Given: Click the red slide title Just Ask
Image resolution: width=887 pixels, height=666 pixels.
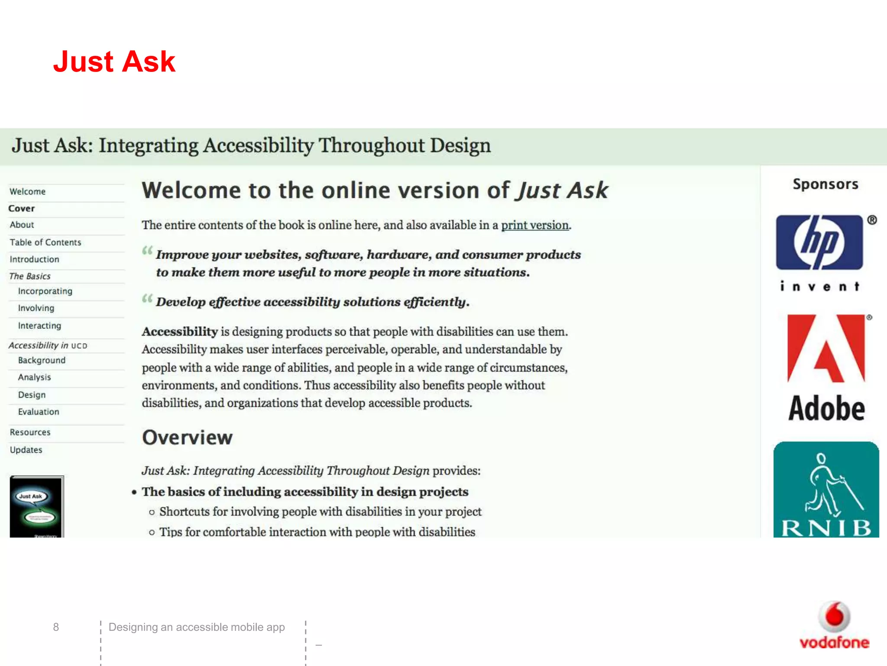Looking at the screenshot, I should click(114, 62).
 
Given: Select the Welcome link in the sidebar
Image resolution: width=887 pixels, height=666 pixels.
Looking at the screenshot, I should click(28, 192).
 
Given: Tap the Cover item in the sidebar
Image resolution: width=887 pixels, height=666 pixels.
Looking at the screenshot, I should click(22, 209).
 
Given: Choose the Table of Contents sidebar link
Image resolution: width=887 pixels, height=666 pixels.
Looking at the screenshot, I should click(45, 242).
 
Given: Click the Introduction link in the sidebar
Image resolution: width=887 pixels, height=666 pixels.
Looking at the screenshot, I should click(35, 259).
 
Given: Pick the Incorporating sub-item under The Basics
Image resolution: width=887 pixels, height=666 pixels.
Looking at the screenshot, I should click(45, 291).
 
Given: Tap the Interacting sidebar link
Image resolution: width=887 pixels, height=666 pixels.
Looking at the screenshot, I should click(39, 326).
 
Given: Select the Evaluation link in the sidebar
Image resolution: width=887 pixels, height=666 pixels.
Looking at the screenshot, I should click(39, 412).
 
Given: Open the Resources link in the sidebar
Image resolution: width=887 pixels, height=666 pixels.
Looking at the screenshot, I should click(30, 432).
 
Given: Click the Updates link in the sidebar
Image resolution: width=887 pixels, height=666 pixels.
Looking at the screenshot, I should click(26, 450).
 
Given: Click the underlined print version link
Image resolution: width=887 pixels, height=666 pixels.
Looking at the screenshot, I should click(535, 225).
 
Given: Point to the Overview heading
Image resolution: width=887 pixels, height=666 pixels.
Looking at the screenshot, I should click(188, 437).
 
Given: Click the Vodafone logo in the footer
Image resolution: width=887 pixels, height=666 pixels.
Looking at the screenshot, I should click(834, 626).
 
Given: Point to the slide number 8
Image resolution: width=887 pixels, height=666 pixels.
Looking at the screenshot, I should click(56, 627).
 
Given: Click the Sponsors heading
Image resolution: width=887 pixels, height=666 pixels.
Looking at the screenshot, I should click(825, 184).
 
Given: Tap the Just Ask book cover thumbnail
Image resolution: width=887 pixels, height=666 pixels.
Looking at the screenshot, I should click(37, 506).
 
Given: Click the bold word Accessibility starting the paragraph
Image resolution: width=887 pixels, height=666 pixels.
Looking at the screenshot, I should click(180, 332).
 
